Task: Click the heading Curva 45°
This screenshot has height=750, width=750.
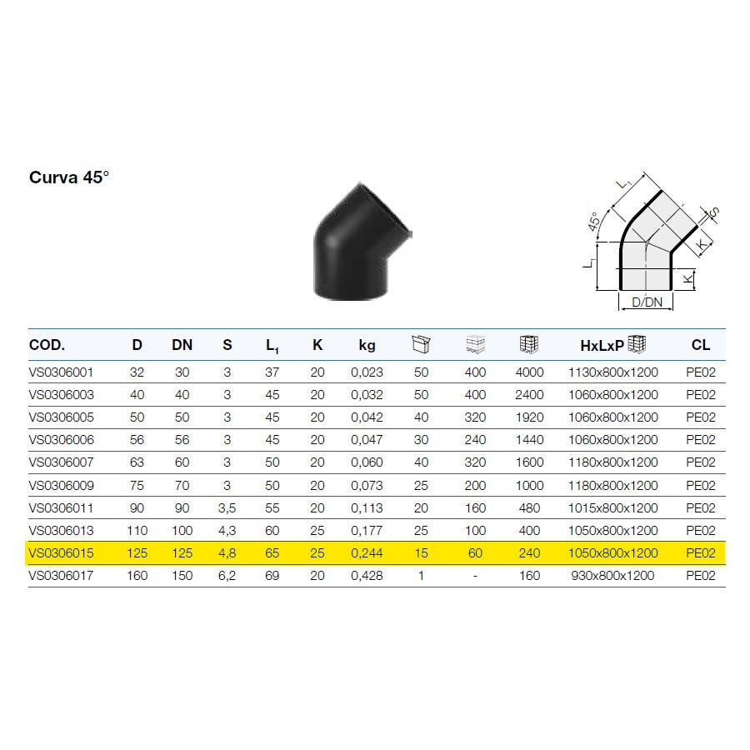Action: [69, 177]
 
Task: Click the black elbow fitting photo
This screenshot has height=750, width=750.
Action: [362, 242]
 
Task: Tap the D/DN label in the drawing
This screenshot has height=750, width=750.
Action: [647, 302]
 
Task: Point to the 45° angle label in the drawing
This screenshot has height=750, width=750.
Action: [593, 222]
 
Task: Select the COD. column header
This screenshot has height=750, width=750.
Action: [47, 345]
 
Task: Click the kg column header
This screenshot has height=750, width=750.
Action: [367, 345]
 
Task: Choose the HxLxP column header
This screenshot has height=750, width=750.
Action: [602, 345]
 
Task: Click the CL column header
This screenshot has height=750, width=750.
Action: [701, 345]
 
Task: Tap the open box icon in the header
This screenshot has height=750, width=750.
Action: [421, 344]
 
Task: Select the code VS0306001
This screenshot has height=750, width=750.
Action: [61, 372]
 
